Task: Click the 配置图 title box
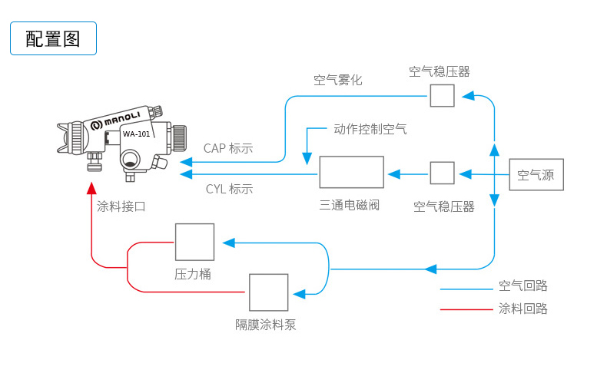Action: pos(53,38)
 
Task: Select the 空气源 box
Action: pos(536,174)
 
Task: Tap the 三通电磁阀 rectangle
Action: pos(351,172)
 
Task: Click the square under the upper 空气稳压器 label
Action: pos(442,95)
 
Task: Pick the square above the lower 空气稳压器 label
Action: pos(442,173)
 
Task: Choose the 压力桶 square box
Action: pos(194,242)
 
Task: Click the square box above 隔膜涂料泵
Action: pos(268,292)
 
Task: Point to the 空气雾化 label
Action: pos(337,80)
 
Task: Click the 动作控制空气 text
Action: pos(370,128)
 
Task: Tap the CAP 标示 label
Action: pos(228,148)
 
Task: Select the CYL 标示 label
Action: pos(229,189)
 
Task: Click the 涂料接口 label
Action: pos(121,206)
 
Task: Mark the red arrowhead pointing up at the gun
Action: pos(91,188)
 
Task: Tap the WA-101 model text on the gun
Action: pos(136,134)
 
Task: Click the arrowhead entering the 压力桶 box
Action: pos(228,243)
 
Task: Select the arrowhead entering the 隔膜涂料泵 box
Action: pos(300,292)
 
